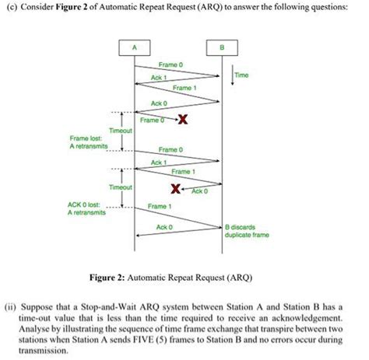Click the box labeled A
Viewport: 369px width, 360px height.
point(134,47)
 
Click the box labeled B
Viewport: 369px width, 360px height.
point(222,47)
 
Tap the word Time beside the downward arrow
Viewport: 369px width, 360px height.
point(242,76)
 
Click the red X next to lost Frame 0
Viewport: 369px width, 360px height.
point(181,119)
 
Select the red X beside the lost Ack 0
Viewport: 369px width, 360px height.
point(177,189)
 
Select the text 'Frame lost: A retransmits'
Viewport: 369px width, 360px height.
point(93,143)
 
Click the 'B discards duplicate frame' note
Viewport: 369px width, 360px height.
point(246,230)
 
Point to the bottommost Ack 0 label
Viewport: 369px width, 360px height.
point(164,227)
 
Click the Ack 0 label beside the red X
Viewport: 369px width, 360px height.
point(199,190)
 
